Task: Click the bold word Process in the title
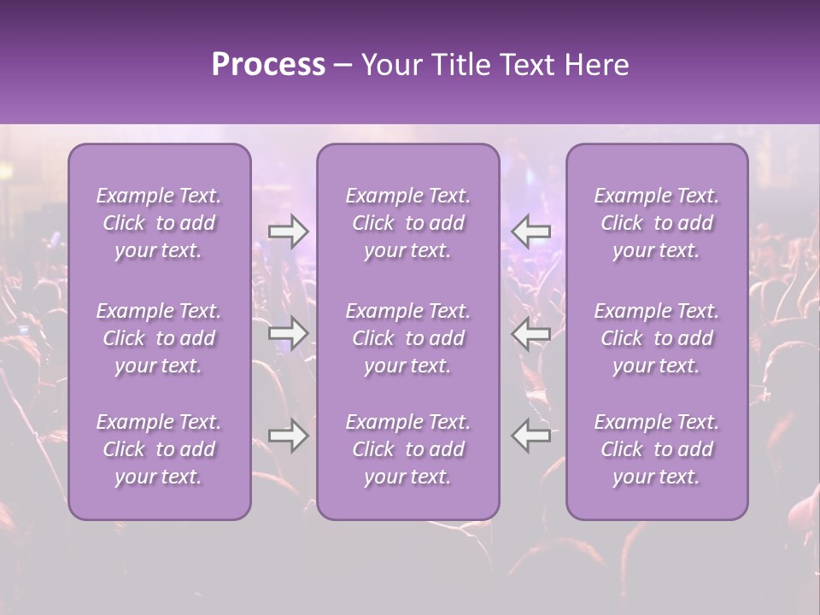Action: pyautogui.click(x=268, y=65)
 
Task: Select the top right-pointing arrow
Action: pyautogui.click(x=288, y=231)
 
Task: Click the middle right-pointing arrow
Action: pyautogui.click(x=288, y=333)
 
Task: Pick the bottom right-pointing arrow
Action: pyautogui.click(x=288, y=436)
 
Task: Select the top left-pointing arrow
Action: pyautogui.click(x=531, y=231)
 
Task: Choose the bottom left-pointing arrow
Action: pyautogui.click(x=531, y=436)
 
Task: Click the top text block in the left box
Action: pyautogui.click(x=159, y=223)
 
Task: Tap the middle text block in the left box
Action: pyautogui.click(x=159, y=338)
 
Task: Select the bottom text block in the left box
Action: pyautogui.click(x=159, y=449)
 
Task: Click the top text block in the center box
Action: pyautogui.click(x=407, y=223)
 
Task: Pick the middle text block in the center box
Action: pyautogui.click(x=407, y=338)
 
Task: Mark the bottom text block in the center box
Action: pyautogui.click(x=407, y=449)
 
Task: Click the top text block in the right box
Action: pyautogui.click(x=656, y=223)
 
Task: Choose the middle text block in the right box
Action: pyautogui.click(x=656, y=338)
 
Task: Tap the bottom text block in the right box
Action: pyautogui.click(x=656, y=449)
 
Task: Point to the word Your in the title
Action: pyautogui.click(x=392, y=65)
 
